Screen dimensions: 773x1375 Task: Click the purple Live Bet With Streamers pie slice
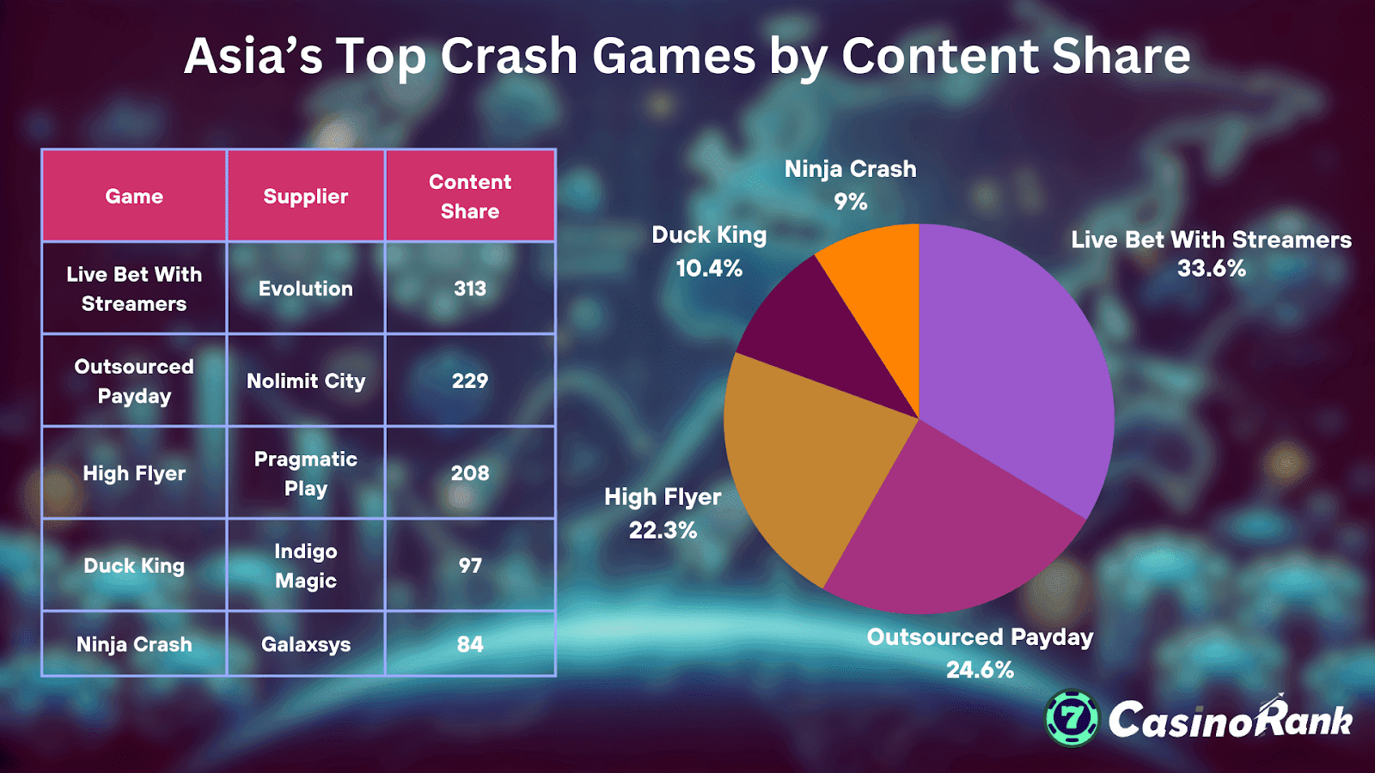click(x=1014, y=361)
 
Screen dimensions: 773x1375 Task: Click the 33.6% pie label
click(x=1211, y=269)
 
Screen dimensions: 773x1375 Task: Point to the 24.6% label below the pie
click(x=980, y=670)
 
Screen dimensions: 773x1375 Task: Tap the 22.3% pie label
click(x=663, y=530)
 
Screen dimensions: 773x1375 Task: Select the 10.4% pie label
click(x=709, y=269)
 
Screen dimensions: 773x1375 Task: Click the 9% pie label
click(x=850, y=202)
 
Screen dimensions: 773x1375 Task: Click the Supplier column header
click(x=306, y=197)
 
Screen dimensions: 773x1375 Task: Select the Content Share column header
click(x=470, y=197)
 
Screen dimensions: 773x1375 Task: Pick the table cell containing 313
click(x=470, y=289)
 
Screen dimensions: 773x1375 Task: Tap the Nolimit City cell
click(x=306, y=380)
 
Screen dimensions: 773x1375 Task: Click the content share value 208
click(x=470, y=473)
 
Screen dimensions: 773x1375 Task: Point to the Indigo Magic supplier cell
click(x=306, y=566)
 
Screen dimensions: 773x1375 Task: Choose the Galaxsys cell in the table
click(x=306, y=644)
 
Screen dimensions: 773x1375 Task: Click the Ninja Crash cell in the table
click(x=134, y=644)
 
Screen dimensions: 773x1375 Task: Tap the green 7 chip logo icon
click(x=1072, y=718)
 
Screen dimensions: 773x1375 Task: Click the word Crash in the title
click(x=510, y=57)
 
